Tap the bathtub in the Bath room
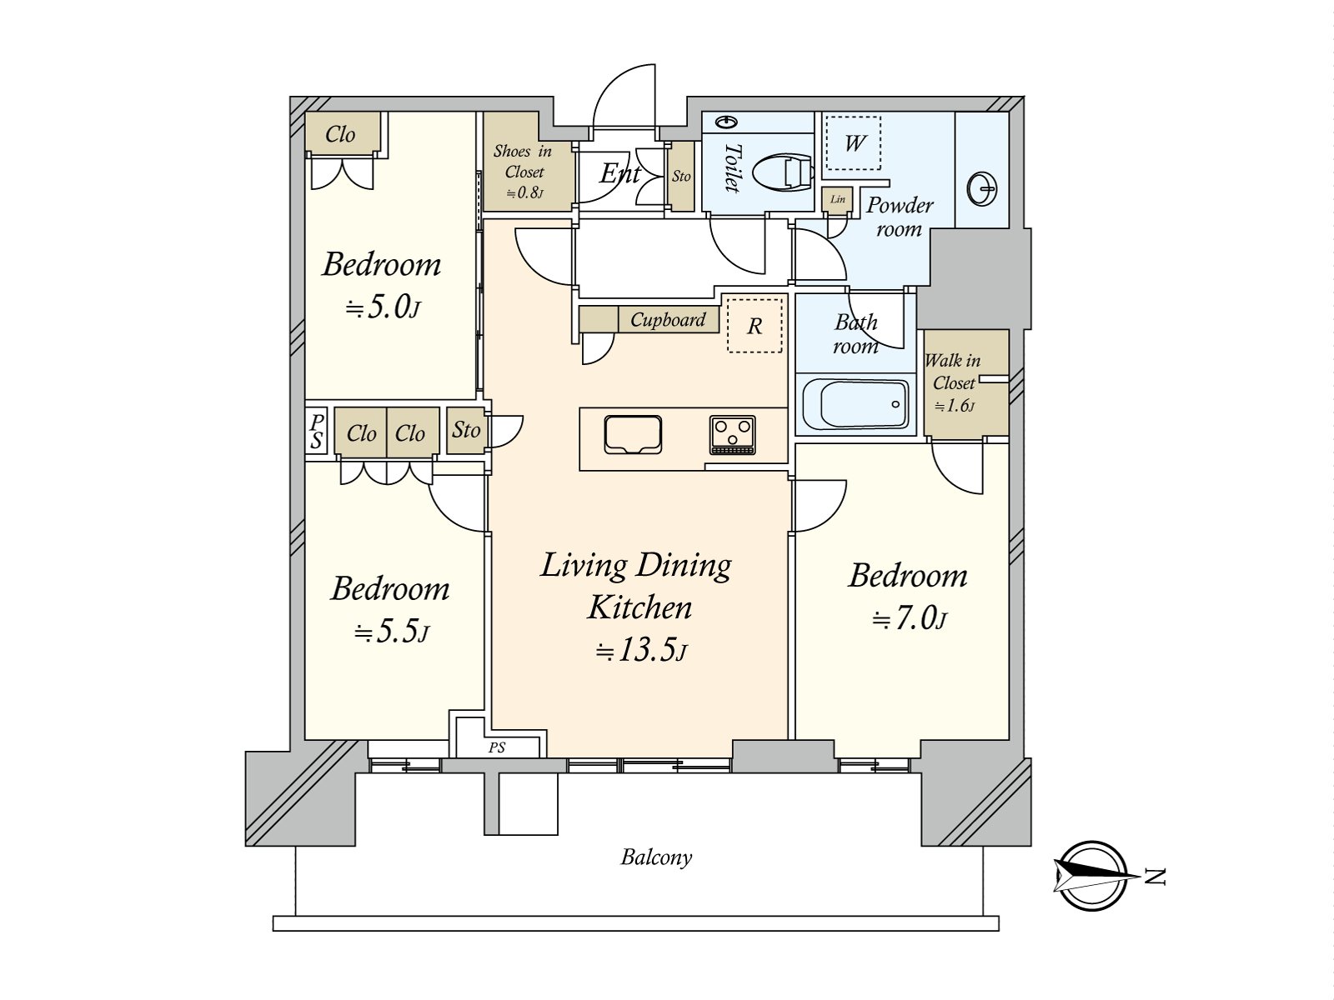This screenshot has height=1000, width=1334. [x=855, y=405]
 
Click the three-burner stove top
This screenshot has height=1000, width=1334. [x=733, y=435]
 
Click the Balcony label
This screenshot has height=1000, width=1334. [x=656, y=857]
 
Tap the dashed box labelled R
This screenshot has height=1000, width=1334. [x=755, y=326]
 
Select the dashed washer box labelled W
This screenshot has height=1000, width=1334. [x=854, y=143]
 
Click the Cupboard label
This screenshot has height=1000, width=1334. [x=667, y=320]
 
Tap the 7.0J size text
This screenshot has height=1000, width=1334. [x=910, y=619]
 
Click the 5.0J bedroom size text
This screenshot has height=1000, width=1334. [x=383, y=308]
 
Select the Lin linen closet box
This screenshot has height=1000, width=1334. [x=837, y=199]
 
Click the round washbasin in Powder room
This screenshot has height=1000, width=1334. [x=982, y=189]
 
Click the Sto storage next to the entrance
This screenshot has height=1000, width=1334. [x=681, y=177]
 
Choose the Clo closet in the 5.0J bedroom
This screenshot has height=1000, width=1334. [x=341, y=134]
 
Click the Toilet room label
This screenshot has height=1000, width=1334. [x=731, y=167]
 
